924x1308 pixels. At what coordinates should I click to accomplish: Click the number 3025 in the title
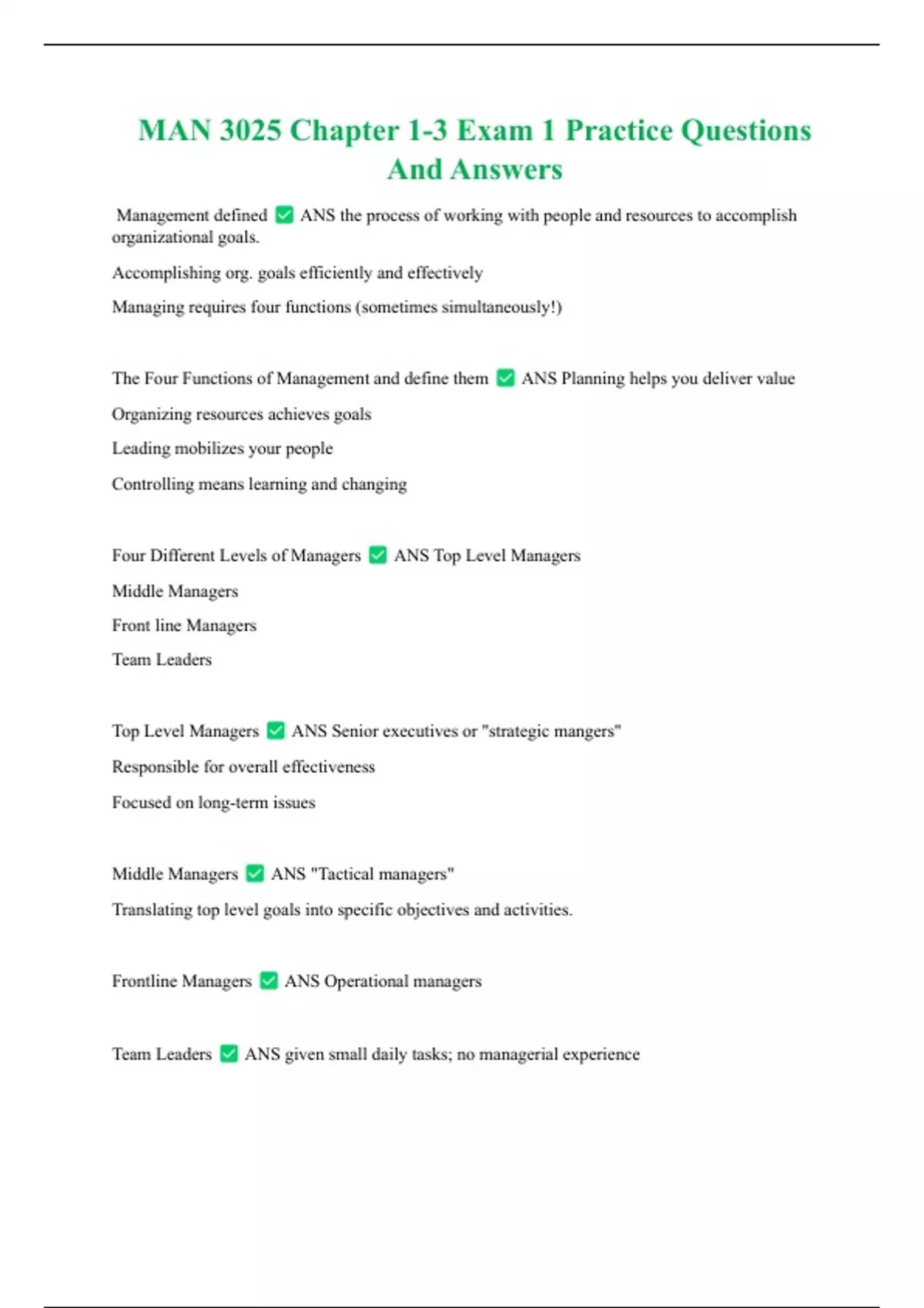(250, 130)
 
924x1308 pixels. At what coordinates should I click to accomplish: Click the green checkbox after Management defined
(284, 215)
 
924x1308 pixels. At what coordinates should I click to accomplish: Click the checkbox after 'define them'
(505, 378)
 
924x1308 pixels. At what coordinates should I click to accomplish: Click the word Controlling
(152, 484)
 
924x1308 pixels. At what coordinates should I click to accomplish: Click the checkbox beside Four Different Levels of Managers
(377, 555)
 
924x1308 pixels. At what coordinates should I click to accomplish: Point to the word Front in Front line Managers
(130, 626)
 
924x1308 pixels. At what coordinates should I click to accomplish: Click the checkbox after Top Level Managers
(276, 730)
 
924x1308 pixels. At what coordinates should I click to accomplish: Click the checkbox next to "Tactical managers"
(255, 873)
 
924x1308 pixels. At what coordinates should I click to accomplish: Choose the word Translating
(152, 909)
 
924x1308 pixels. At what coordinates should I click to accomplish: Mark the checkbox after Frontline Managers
(268, 980)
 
